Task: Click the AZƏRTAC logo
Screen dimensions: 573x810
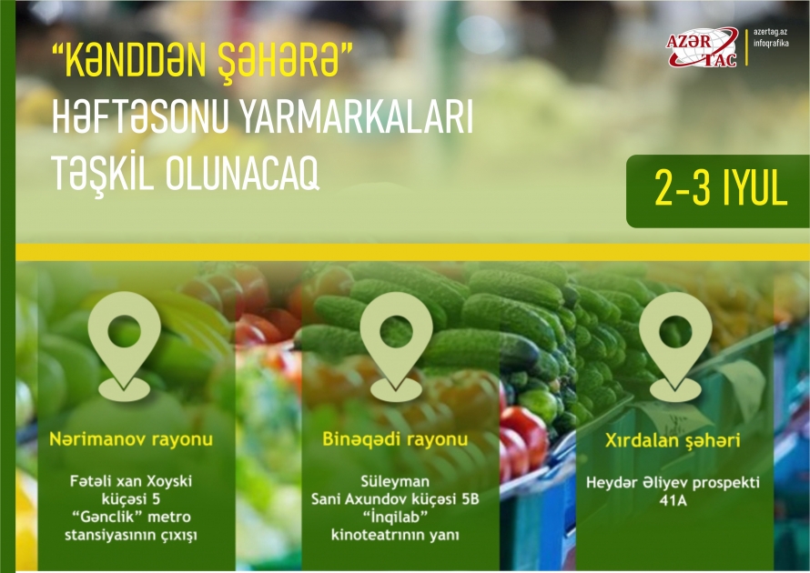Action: tap(703, 47)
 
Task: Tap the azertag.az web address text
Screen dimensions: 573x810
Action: tap(776, 33)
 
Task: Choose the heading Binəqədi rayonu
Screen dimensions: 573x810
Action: tap(395, 440)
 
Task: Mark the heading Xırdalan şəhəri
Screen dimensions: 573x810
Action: tap(673, 442)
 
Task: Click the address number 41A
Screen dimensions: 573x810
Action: tap(673, 498)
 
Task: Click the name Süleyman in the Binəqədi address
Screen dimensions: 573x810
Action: tap(395, 480)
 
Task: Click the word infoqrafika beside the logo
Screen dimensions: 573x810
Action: tap(777, 45)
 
